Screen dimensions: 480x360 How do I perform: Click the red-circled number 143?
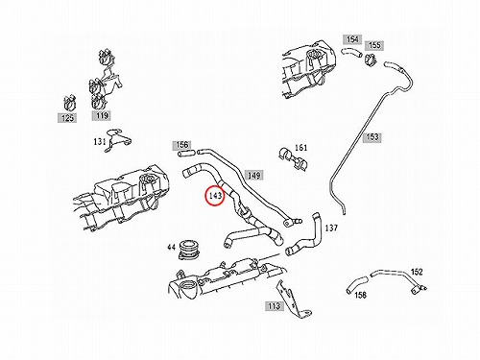click(215, 195)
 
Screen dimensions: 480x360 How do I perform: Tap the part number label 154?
click(352, 39)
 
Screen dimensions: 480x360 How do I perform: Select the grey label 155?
click(374, 45)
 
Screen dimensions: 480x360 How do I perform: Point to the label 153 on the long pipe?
click(372, 137)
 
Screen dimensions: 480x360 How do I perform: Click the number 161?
click(300, 148)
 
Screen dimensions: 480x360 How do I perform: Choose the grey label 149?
click(254, 175)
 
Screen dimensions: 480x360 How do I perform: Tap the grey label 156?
click(181, 145)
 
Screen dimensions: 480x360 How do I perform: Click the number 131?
click(100, 141)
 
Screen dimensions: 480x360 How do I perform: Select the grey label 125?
click(67, 118)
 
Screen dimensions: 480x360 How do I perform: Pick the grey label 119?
click(102, 115)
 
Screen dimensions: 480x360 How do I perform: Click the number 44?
click(172, 247)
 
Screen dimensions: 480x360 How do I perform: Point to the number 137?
click(331, 228)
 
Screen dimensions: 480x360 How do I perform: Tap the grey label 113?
click(275, 306)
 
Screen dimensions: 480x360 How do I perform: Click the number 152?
click(417, 272)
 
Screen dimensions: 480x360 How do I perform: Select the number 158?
click(361, 295)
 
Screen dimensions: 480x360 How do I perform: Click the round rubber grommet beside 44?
click(189, 250)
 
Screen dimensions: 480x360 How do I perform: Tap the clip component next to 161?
click(293, 158)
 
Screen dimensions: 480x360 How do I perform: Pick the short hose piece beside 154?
click(351, 52)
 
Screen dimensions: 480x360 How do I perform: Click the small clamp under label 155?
click(371, 60)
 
